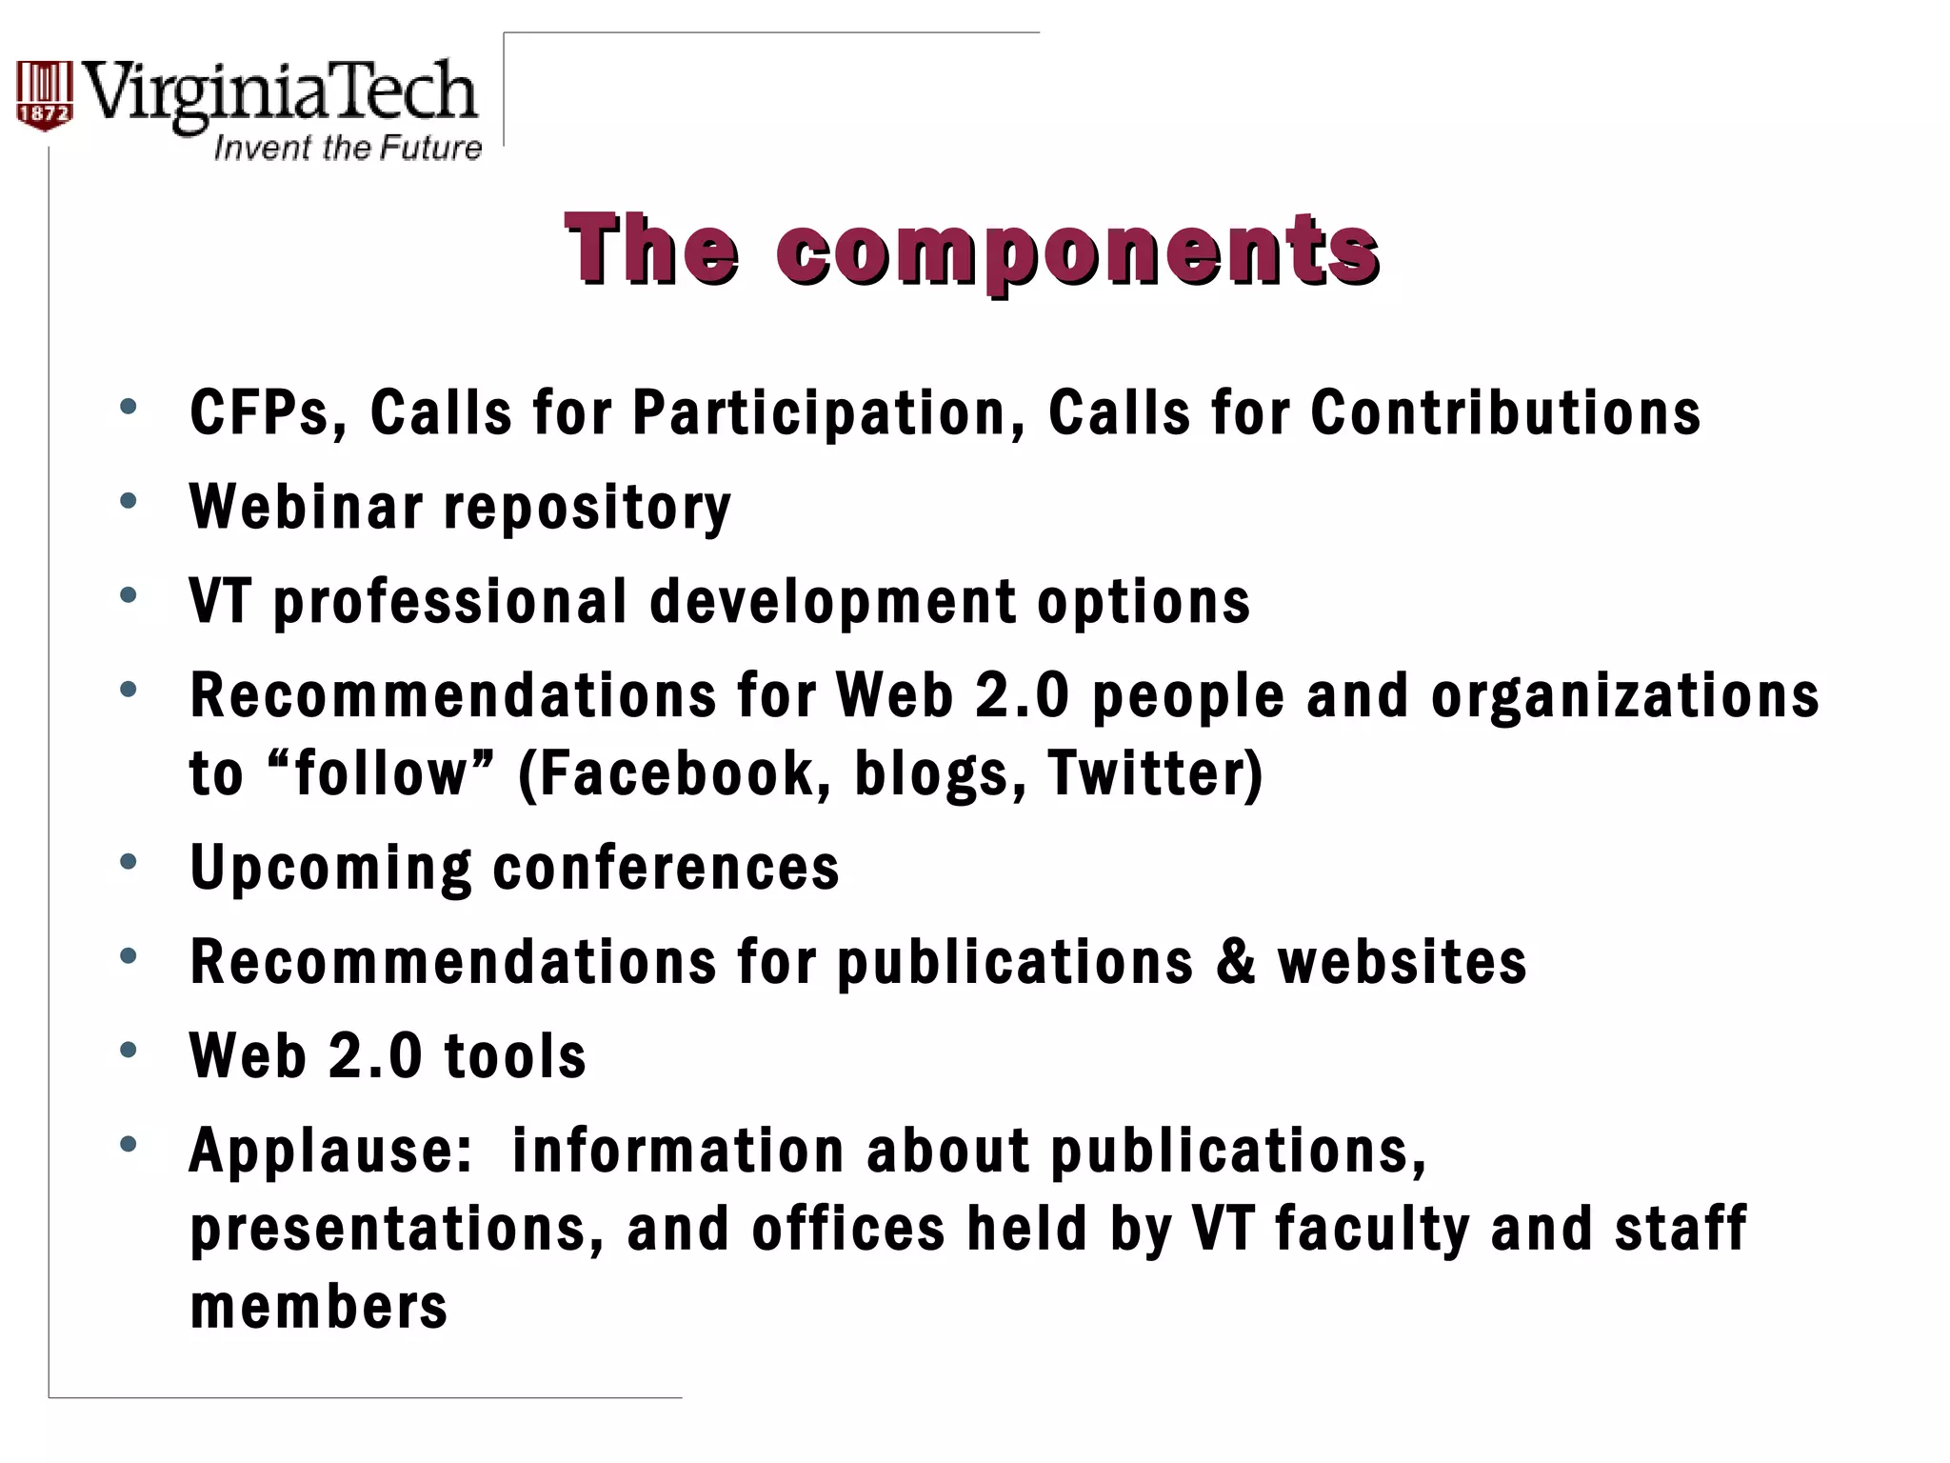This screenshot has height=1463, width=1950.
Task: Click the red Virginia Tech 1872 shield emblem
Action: click(44, 95)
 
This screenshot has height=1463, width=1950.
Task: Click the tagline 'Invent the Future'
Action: click(348, 149)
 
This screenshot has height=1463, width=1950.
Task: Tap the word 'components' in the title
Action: click(1077, 251)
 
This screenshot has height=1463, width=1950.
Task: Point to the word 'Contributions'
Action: click(1505, 413)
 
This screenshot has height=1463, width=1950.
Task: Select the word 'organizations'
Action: click(1624, 696)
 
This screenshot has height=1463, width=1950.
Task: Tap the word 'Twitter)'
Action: click(1154, 772)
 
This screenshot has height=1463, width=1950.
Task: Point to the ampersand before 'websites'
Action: click(1235, 961)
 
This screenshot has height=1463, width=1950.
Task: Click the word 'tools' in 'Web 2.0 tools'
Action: click(515, 1056)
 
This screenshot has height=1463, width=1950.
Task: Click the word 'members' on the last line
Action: click(319, 1306)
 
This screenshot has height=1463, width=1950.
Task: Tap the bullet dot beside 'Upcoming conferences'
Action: click(129, 862)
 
